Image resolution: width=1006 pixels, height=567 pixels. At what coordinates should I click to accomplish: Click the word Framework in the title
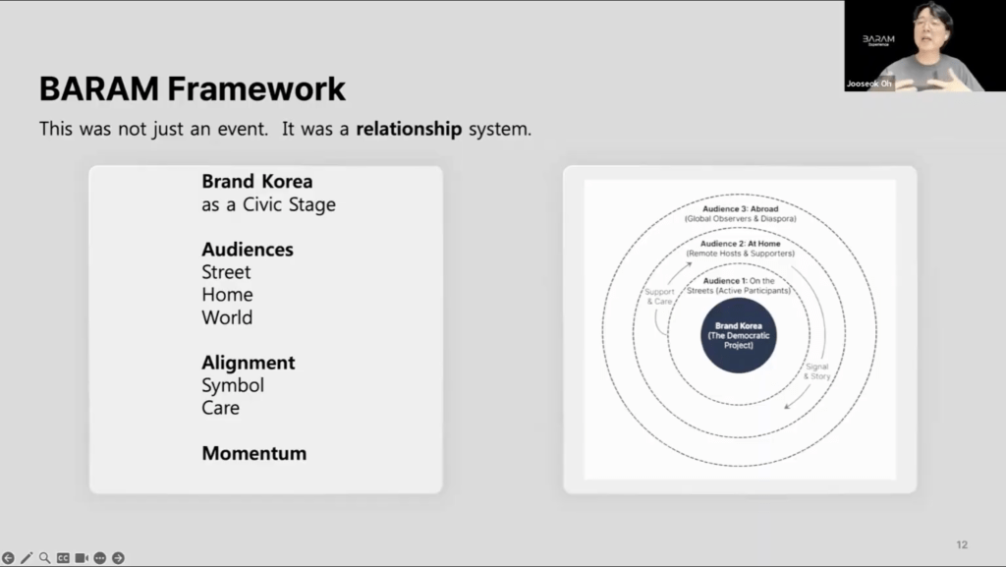pos(256,88)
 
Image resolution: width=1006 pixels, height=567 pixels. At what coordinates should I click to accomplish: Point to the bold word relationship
pos(409,129)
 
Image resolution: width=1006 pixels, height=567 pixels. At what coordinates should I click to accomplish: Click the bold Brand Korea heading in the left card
pos(257,182)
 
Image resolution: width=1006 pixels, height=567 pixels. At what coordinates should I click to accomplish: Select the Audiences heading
pos(248,250)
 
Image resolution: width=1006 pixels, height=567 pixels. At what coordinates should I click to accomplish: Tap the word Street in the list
pos(226,272)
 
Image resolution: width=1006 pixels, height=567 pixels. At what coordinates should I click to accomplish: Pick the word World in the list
pos(227,317)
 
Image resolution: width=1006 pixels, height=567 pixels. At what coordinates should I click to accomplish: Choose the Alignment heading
pos(249,363)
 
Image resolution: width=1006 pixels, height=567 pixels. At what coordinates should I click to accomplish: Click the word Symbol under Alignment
pos(233,385)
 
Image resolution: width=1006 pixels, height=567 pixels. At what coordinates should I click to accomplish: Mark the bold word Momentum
pos(254,453)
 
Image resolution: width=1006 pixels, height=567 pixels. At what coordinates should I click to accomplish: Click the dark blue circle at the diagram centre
pos(739,335)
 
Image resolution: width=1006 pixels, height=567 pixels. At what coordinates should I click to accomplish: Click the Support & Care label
pos(659,297)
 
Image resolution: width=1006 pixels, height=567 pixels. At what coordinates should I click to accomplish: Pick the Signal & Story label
pos(816,371)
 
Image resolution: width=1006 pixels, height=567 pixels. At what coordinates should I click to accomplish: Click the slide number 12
pos(962,544)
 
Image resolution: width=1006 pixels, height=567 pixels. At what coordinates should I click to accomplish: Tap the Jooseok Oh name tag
pos(868,84)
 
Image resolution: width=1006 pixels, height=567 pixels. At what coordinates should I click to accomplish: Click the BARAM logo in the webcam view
pos(878,39)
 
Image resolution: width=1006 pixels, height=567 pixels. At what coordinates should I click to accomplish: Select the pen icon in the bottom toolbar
pos(27,558)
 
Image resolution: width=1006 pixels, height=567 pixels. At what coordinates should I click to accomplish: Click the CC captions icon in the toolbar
pos(63,558)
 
